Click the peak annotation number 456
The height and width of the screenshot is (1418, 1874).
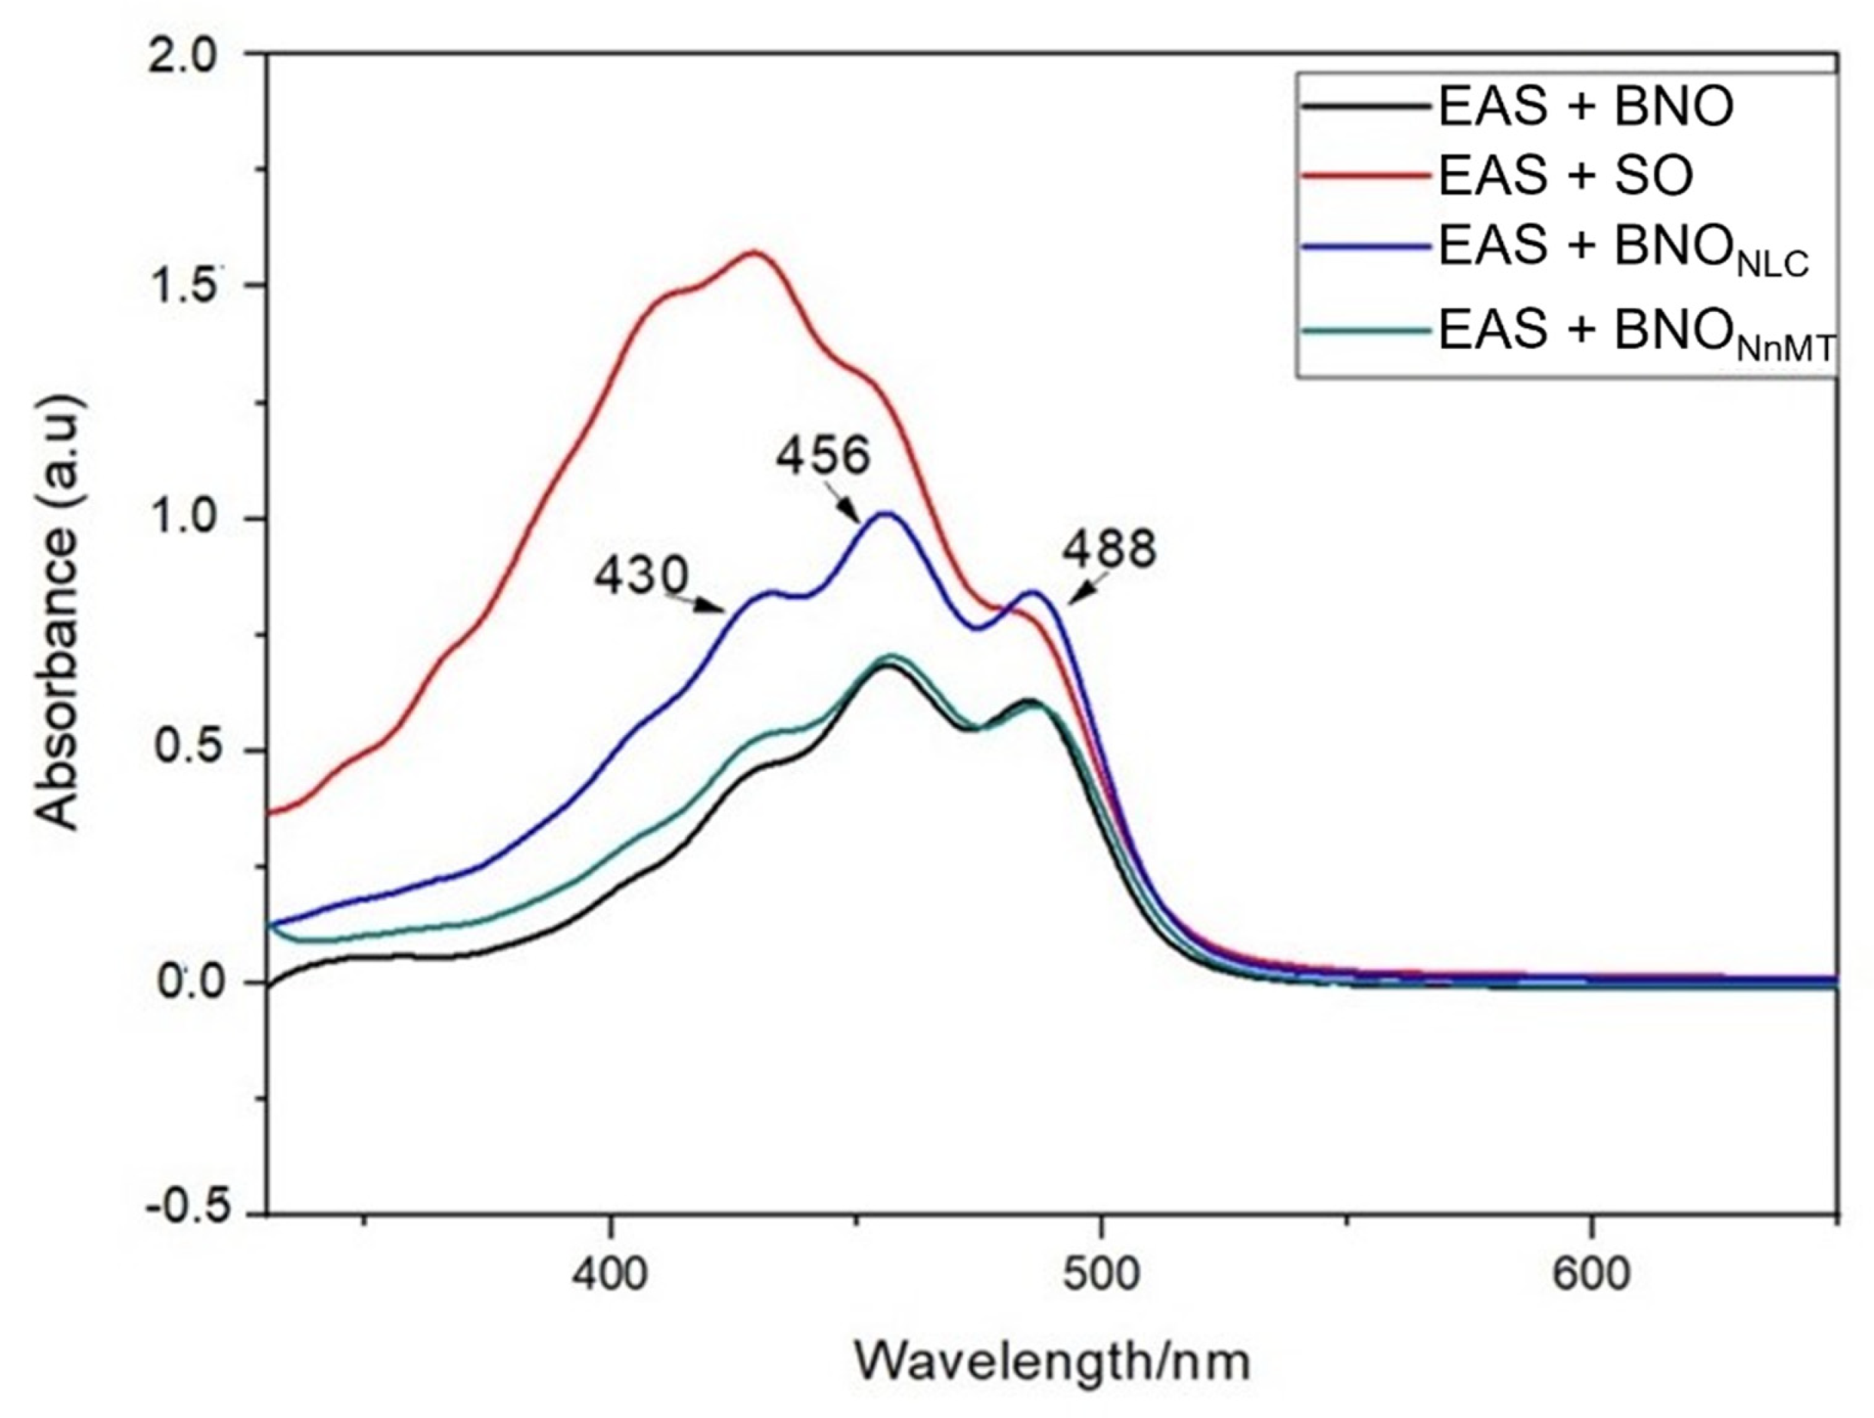click(823, 457)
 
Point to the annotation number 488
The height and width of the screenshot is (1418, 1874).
click(1109, 549)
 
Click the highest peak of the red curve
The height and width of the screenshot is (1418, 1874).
click(753, 251)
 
